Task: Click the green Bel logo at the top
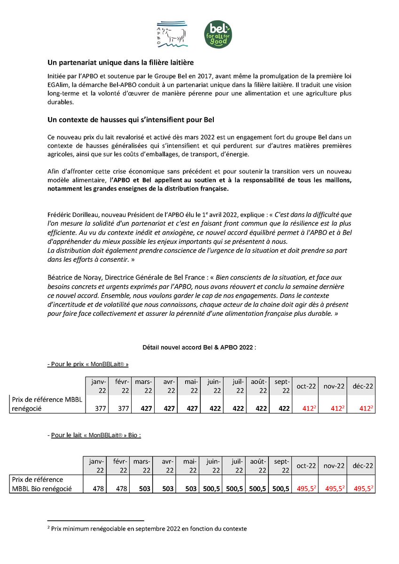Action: [x=220, y=34]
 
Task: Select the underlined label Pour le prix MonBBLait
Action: [x=88, y=364]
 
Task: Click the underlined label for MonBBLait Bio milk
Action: [x=94, y=435]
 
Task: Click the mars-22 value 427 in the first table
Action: [x=146, y=409]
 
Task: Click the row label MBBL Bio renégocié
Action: [x=43, y=489]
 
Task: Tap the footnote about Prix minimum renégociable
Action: [x=149, y=528]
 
